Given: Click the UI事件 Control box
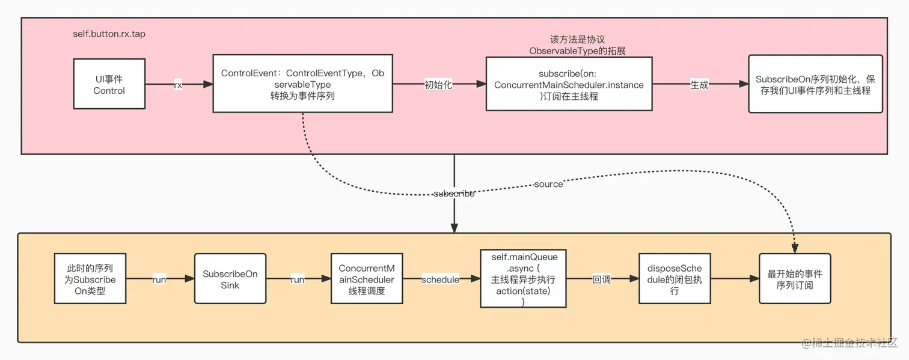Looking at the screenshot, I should point(109,84).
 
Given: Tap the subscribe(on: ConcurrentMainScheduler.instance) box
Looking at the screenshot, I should point(569,84).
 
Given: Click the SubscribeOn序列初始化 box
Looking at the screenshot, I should point(815,84).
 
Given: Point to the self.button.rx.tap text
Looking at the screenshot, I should point(109,34).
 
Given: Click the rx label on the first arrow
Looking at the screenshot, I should point(178,85).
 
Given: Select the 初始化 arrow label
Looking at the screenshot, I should point(438,85).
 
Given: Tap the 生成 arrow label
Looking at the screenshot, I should point(699,85).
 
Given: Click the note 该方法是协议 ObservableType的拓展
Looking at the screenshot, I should point(569,45).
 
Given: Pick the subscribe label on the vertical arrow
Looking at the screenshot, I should point(454,194).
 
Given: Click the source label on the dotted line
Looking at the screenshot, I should point(548,184).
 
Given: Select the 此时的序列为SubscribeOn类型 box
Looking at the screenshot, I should point(90,279).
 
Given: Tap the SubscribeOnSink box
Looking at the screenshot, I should point(230,279).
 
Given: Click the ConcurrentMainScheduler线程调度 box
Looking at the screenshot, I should point(366,279).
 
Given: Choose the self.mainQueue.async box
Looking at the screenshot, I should point(523,279).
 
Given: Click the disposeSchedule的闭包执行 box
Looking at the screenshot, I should point(675,279).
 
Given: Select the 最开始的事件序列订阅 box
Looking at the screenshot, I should point(795,279).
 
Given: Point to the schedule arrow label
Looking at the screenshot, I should point(440,280).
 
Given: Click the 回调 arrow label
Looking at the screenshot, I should point(602,279).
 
